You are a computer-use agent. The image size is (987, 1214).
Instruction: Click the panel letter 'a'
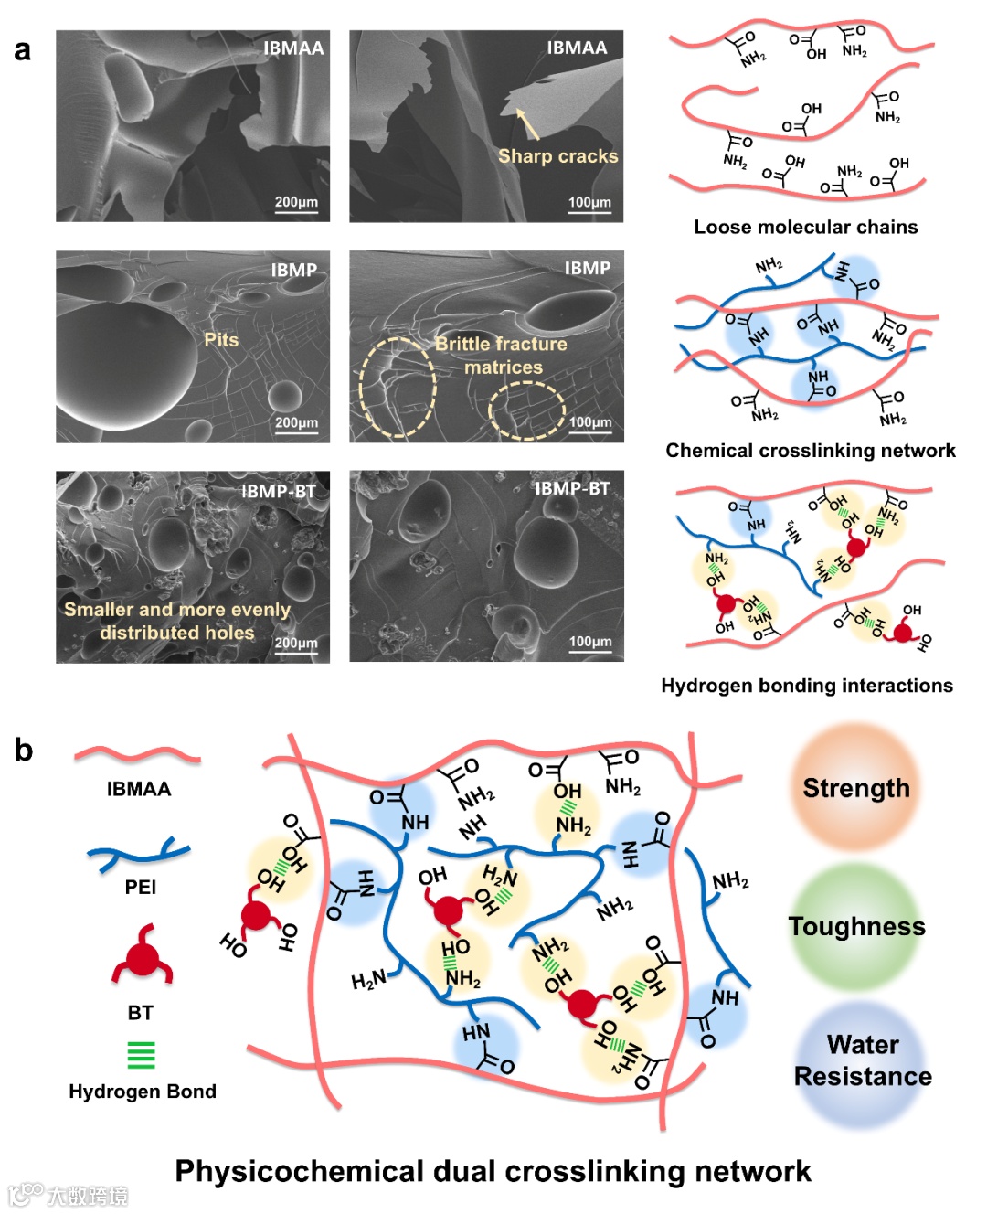coord(22,50)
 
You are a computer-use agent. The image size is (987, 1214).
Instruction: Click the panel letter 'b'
coord(23,750)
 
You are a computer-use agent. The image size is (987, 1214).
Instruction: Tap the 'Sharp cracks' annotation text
coord(557,156)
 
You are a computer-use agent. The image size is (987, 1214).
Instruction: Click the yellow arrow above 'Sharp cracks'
coord(527,123)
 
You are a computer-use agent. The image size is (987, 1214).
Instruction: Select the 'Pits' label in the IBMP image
coord(221,340)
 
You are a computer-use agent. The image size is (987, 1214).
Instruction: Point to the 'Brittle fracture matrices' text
coord(502,356)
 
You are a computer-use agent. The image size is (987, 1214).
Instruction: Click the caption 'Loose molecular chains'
coord(805,227)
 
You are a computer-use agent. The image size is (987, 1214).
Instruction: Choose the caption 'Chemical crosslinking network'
coord(810,450)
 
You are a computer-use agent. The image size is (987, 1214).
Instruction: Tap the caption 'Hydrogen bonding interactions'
coord(806,686)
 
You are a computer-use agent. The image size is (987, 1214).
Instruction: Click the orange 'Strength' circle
coord(855,788)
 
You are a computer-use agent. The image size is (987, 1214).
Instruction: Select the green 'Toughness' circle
coord(855,926)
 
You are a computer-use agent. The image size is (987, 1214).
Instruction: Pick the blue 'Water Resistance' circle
coord(862,1060)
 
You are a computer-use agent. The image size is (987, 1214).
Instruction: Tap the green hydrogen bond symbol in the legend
coord(142,1055)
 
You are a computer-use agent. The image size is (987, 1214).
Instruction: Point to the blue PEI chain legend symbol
coord(139,852)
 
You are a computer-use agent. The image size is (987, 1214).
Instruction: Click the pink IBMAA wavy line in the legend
coord(137,755)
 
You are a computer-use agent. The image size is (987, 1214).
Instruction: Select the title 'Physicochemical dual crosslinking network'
coord(493,1171)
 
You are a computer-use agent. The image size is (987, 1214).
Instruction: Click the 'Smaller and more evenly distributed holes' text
coord(177,621)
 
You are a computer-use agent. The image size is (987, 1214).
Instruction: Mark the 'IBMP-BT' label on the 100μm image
coord(571,489)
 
